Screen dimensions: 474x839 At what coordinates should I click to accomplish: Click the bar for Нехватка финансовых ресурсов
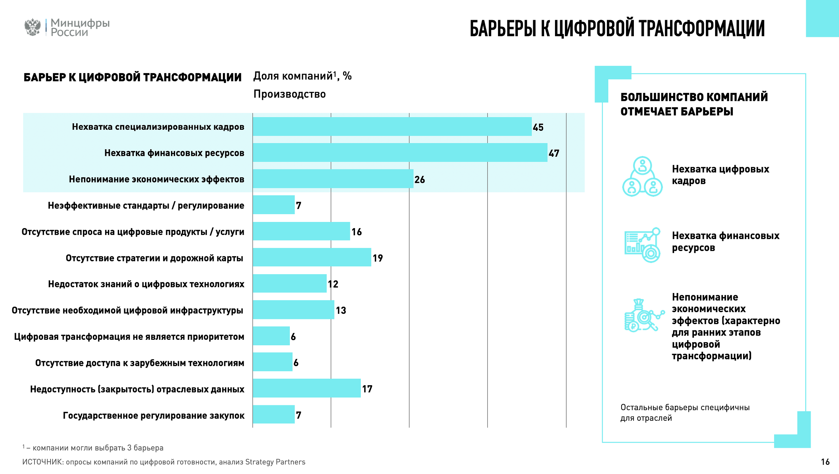coord(400,153)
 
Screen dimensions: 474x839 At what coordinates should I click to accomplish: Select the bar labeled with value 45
coord(392,127)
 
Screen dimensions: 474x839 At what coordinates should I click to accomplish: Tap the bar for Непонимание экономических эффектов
coord(333,179)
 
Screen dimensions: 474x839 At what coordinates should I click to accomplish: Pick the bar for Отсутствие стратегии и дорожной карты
coord(312,257)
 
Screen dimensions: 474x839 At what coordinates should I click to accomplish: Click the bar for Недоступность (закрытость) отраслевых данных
coord(307,388)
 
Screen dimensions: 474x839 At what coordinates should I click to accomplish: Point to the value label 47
coord(554,153)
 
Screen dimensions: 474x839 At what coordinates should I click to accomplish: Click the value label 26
coord(419,180)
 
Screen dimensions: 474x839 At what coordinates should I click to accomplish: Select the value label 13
coord(341,310)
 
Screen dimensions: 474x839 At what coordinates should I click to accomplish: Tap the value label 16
coord(356,232)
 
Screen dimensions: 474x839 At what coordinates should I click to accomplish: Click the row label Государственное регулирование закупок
coord(154,416)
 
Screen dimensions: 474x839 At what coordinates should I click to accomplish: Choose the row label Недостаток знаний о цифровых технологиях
coord(146,284)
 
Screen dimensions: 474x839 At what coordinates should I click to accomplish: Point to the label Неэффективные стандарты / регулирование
coord(146,206)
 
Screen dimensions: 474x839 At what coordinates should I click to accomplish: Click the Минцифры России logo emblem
coord(32,27)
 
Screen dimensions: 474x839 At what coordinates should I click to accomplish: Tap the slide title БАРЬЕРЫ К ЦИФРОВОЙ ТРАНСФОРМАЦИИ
coord(617,28)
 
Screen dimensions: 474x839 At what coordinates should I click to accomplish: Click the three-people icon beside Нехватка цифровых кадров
coord(642,177)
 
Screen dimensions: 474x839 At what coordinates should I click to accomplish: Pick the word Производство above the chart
coord(289,94)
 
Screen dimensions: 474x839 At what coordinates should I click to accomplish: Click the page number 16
coord(825,462)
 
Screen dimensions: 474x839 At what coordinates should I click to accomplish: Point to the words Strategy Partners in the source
coord(275,462)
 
